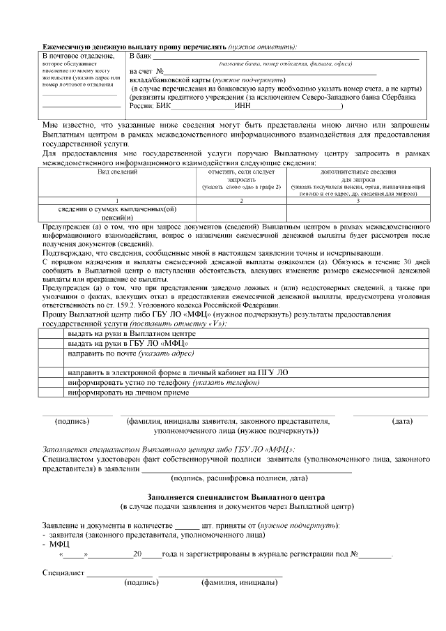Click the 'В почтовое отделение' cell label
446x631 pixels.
[78, 56]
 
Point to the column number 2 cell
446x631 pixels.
[240, 200]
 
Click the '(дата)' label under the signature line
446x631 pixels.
[402, 422]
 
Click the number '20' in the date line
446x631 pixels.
[137, 555]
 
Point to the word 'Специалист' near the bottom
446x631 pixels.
[63, 573]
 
